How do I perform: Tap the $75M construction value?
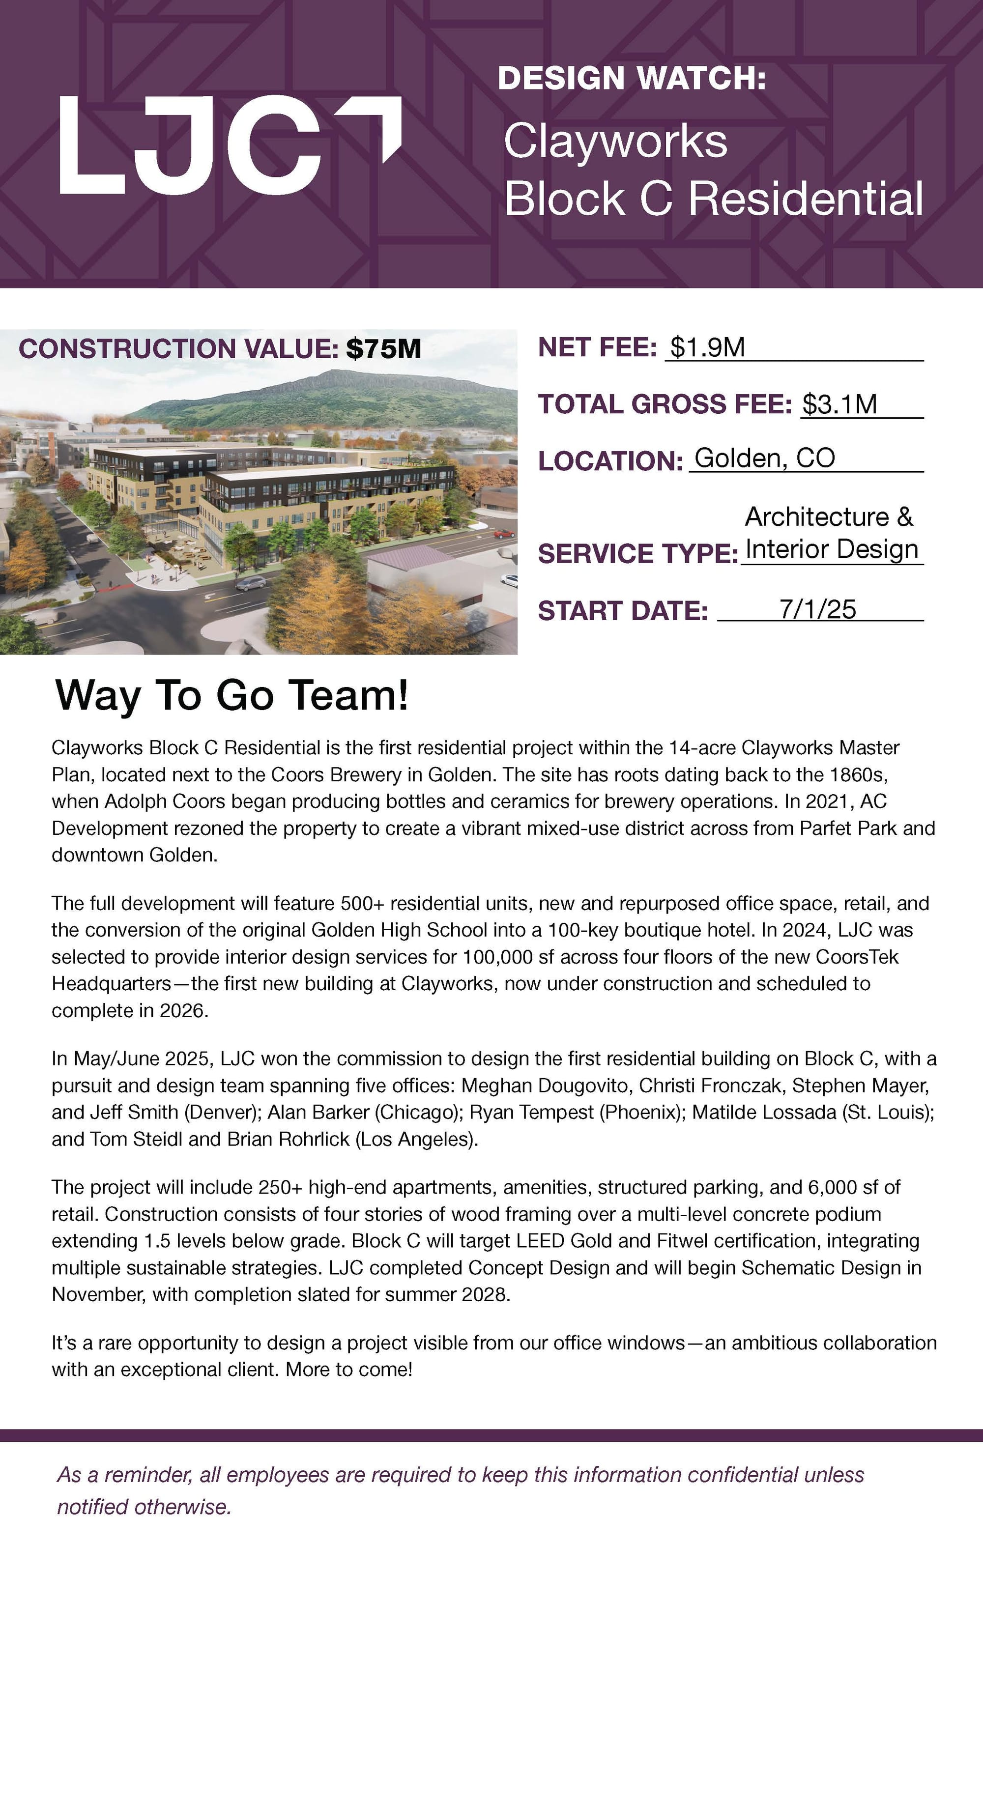tap(383, 348)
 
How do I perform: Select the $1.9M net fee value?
tap(707, 347)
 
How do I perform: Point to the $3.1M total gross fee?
tap(839, 404)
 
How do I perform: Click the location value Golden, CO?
tap(764, 458)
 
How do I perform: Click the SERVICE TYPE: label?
tap(637, 554)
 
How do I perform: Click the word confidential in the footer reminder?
tap(742, 1475)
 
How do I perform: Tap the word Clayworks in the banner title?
tap(615, 141)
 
